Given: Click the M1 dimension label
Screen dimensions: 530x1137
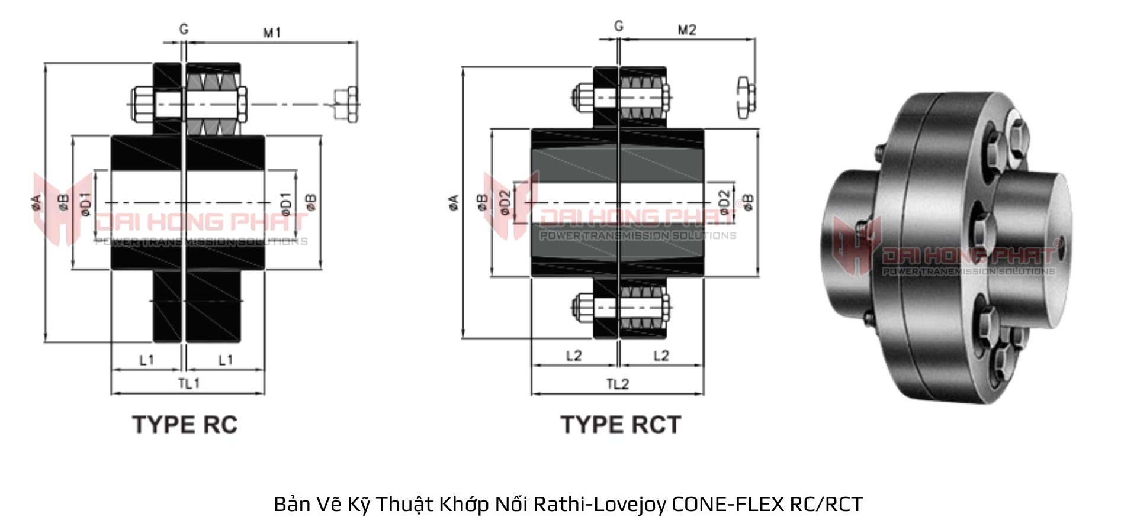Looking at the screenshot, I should pos(272,33).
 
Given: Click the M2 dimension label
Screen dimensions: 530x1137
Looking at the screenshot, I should pos(687,30).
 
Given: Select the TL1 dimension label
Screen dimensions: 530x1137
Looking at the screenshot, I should pos(189,383).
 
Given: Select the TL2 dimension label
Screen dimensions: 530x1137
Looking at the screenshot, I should pos(617,384).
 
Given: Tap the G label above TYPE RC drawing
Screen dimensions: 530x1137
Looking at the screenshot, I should pos(184,29).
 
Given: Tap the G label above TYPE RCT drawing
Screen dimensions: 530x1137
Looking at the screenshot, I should pos(619,26).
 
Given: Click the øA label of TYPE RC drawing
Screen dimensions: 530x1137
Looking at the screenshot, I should pos(36,202).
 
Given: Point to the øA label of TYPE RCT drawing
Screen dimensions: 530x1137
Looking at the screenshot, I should pos(454,202).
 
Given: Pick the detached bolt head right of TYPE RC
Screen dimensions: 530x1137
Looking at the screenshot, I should pos(346,105).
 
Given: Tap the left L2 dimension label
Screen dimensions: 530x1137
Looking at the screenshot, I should pos(574,356).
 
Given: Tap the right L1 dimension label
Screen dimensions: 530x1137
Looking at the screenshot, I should pos(226,360).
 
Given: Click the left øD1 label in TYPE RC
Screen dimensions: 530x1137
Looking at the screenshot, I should pos(86,204).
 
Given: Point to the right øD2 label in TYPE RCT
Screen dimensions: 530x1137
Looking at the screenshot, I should pos(724,202).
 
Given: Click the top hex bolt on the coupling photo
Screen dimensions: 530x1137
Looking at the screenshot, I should pos(1017,135).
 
